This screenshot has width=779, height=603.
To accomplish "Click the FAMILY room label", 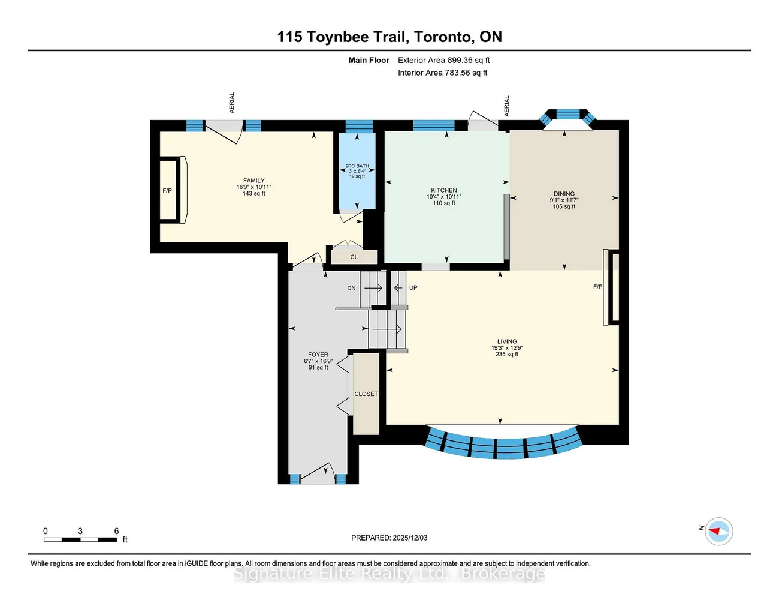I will (254, 181).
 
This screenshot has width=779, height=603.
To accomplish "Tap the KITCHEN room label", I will (444, 190).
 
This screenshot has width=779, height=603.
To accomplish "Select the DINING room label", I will (564, 194).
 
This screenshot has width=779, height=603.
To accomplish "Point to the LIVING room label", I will (507, 341).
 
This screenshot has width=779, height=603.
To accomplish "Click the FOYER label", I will (318, 355).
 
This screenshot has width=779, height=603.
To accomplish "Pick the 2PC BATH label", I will (357, 166).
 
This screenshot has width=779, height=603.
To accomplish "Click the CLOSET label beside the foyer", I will (366, 394).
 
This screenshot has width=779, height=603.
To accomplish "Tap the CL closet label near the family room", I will (354, 257).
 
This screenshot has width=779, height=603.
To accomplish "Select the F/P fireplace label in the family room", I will (167, 191).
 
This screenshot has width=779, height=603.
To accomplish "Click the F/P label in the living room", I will (598, 287).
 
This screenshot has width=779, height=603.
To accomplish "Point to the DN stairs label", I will (351, 288).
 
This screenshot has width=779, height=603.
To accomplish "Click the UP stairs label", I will (413, 287).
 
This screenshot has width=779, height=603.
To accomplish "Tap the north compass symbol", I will (718, 532).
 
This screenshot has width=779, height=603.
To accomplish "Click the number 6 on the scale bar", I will (116, 531).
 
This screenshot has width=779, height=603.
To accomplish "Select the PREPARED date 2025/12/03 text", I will (389, 538).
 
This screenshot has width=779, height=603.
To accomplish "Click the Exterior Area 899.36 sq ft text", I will (444, 60).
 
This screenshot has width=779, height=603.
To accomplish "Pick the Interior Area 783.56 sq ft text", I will (443, 73).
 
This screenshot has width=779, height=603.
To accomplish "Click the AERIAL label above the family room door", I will (232, 103).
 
